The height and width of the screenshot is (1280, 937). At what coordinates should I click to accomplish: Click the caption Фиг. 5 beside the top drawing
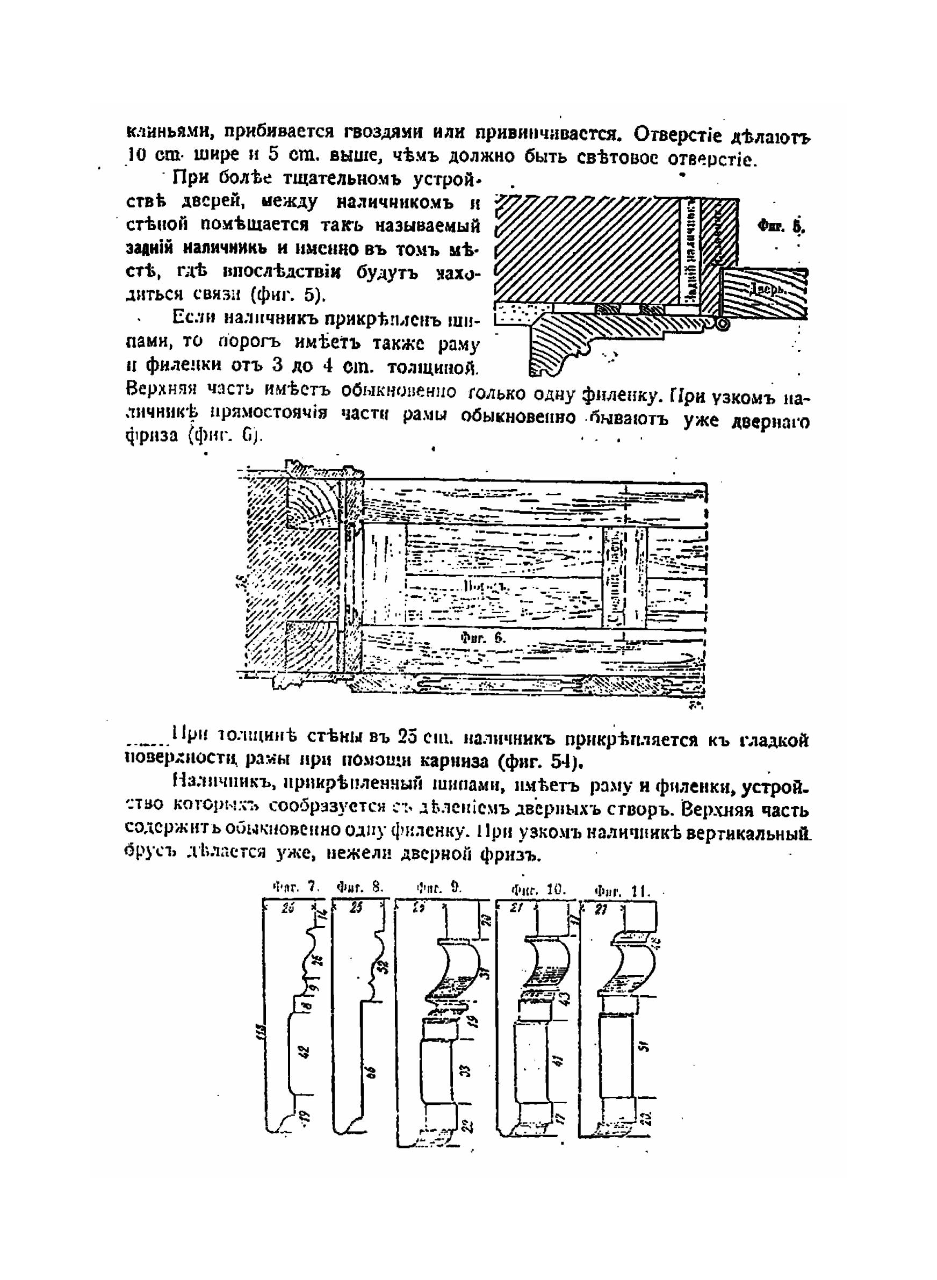tap(781, 226)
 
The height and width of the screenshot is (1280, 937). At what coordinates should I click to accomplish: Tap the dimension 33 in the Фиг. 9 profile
tap(462, 1069)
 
